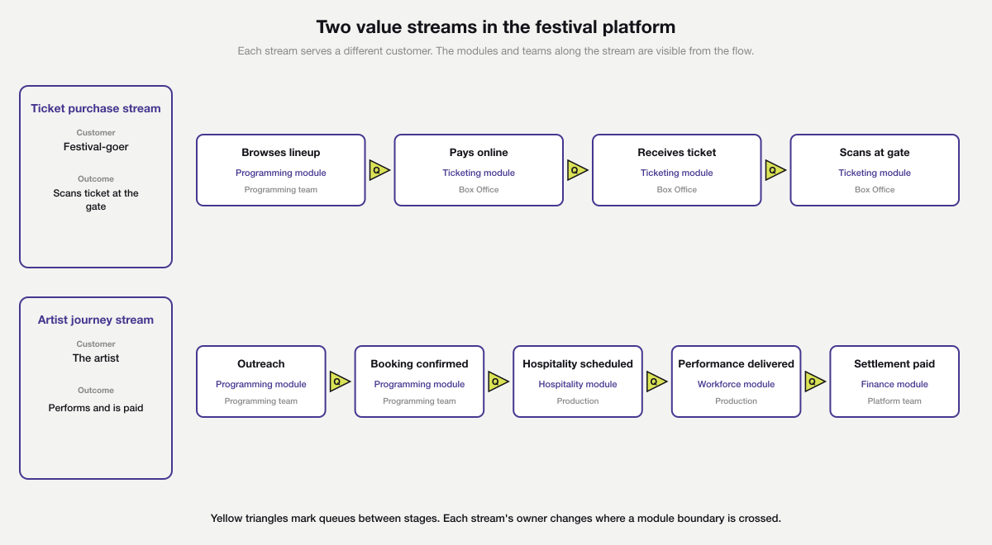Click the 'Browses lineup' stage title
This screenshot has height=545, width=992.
[x=280, y=153]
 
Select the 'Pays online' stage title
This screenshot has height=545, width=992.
[x=479, y=153]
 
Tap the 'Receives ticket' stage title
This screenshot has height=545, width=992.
[x=676, y=153]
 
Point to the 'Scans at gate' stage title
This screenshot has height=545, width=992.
[x=875, y=153]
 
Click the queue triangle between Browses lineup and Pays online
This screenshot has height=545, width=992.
[x=379, y=170]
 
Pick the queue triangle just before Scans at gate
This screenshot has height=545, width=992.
[x=775, y=170]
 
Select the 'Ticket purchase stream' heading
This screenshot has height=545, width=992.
[x=96, y=108]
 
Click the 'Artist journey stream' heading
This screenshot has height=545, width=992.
[x=96, y=320]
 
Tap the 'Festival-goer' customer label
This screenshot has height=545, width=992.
[x=96, y=147]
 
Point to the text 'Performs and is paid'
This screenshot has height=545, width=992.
[x=96, y=408]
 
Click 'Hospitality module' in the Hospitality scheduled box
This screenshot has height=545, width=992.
[x=578, y=384]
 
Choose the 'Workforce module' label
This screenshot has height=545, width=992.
[x=736, y=384]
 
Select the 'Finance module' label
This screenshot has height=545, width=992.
[x=894, y=384]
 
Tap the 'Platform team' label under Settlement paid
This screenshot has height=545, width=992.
[x=894, y=401]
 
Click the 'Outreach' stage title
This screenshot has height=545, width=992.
[x=260, y=364]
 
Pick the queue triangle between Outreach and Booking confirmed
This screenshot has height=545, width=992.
[x=339, y=381]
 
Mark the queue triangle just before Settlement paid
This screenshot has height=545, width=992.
[x=814, y=381]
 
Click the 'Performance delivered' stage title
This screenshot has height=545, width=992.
[x=736, y=364]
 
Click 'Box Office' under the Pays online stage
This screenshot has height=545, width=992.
[x=479, y=190]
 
